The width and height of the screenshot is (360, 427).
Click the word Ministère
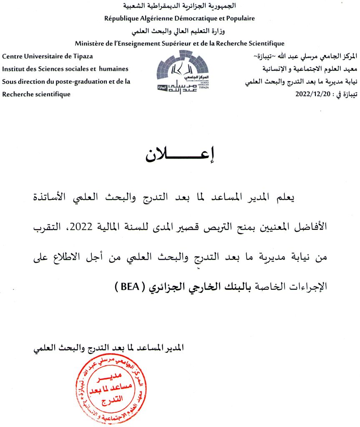[91, 43]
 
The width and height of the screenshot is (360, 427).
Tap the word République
[120, 18]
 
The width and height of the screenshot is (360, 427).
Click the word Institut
[13, 69]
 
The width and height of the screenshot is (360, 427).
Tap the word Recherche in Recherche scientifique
[17, 94]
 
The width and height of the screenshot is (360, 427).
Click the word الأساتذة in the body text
[309, 197]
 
